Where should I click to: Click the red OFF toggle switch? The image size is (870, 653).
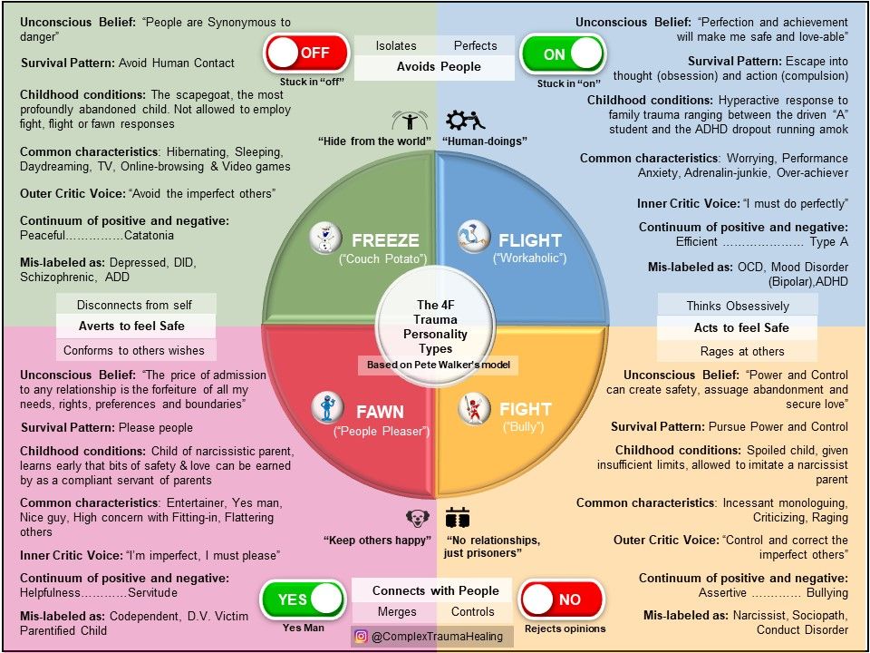click(x=307, y=54)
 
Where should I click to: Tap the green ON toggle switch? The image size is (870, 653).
click(x=563, y=54)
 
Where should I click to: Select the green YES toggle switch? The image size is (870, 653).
click(x=303, y=599)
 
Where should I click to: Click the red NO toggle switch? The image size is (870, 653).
click(x=561, y=599)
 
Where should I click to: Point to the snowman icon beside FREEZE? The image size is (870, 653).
click(x=324, y=238)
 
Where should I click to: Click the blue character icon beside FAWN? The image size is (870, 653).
click(x=324, y=407)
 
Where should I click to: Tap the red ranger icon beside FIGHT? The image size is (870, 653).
click(x=473, y=409)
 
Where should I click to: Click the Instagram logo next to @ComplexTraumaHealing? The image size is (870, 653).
click(x=362, y=637)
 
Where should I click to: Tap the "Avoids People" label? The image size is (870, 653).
click(x=439, y=67)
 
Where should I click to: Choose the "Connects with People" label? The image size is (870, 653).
click(x=435, y=590)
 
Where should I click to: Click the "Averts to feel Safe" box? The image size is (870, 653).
click(x=136, y=326)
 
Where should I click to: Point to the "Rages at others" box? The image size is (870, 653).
click(x=742, y=352)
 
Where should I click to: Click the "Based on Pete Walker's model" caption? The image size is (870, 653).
click(x=439, y=365)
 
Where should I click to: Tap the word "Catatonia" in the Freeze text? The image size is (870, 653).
click(x=149, y=236)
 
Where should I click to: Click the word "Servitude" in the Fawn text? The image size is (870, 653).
click(x=152, y=592)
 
